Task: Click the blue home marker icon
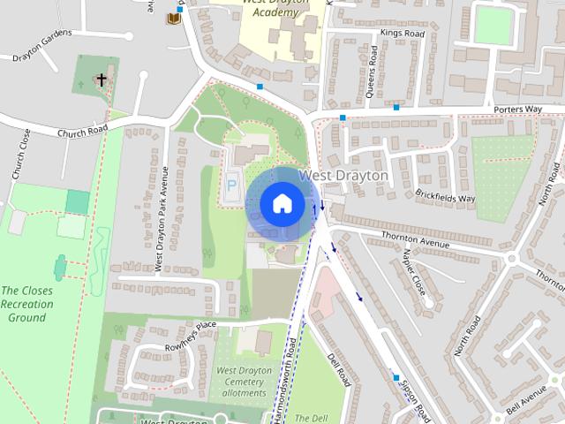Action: click(282, 203)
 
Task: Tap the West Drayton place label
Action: click(343, 176)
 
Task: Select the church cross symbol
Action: click(102, 80)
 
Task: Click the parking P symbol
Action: click(232, 186)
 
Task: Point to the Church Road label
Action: click(82, 131)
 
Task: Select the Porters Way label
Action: click(517, 110)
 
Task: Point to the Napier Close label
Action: click(413, 271)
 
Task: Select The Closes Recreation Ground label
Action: click(26, 304)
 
